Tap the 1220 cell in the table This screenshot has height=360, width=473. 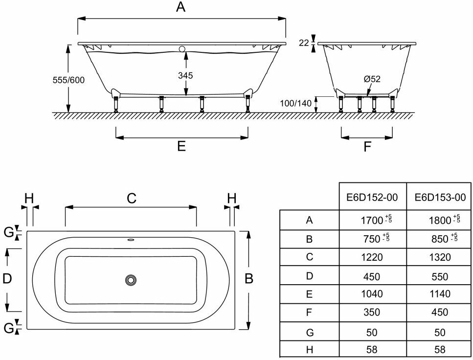tap(372, 257)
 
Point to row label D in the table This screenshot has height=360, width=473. tap(309, 276)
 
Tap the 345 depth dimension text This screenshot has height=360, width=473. tap(185, 75)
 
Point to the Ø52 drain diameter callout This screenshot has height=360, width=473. tap(372, 79)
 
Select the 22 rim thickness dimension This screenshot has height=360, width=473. tap(304, 43)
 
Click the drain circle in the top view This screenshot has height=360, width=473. tap(131, 280)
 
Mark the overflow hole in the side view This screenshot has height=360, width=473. tap(182, 49)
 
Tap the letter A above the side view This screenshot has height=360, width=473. tap(181, 7)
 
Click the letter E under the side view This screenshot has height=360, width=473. tap(181, 146)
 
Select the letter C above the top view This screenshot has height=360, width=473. tap(131, 198)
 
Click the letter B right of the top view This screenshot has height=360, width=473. tap(249, 279)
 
